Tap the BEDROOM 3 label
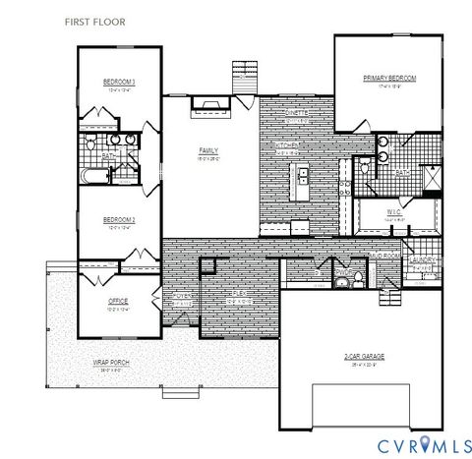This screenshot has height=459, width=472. point(118,82)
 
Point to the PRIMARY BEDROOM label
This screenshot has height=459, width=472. point(389,77)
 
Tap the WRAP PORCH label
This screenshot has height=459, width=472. point(111,362)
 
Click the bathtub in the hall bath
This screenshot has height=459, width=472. point(94,178)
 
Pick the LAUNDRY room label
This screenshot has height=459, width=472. point(424,260)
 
